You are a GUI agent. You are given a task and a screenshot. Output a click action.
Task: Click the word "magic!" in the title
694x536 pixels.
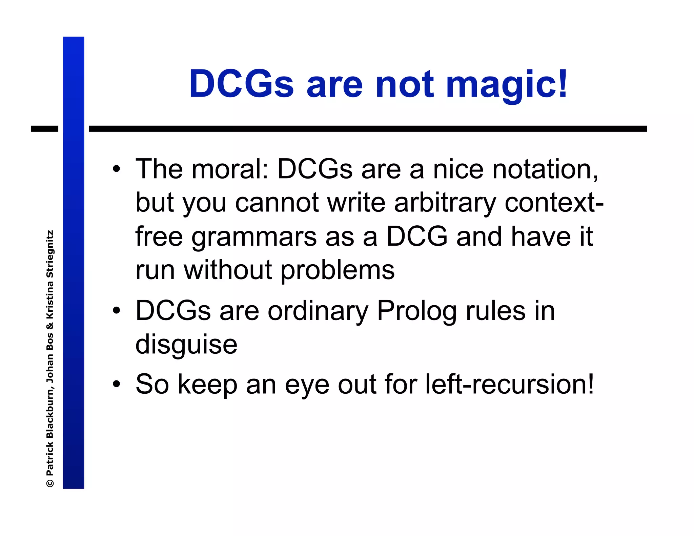507,85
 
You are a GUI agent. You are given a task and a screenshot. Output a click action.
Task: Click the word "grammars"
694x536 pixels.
254,237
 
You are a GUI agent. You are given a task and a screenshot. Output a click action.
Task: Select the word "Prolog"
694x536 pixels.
417,311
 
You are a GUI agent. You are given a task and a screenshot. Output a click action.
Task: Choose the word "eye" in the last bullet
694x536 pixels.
307,385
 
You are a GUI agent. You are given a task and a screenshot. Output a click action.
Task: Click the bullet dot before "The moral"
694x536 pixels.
117,169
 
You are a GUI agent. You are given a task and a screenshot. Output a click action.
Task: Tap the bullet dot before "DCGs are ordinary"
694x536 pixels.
117,310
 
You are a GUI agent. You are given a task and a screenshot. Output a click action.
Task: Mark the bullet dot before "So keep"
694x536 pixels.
117,384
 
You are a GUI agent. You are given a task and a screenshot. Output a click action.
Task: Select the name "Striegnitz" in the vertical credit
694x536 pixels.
50,254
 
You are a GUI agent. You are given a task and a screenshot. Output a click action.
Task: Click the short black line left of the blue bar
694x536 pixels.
45,129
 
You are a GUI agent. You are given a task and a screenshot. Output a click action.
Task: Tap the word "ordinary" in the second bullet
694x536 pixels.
318,311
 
